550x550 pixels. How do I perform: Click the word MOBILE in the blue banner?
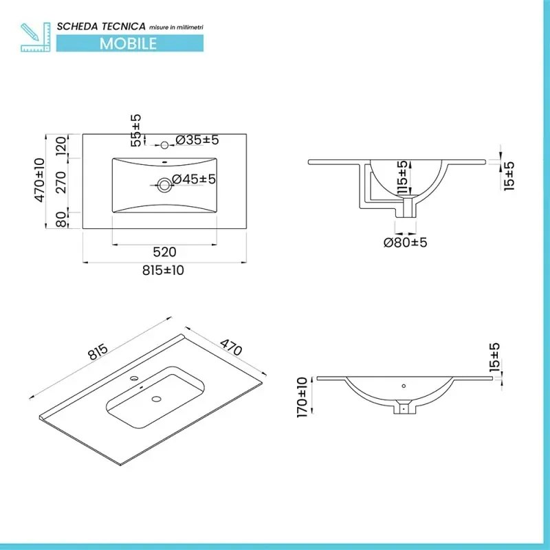(129, 43)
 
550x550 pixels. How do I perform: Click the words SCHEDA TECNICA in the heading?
(100, 25)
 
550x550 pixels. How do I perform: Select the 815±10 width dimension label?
(164, 270)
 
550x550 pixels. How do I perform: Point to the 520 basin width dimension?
(165, 252)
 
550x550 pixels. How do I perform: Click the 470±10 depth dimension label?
(39, 180)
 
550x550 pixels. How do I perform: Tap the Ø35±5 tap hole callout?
(197, 140)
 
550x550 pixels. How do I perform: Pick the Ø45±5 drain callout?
(194, 179)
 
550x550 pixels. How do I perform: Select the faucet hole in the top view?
(164, 145)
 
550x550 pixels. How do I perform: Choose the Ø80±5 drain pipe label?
(406, 242)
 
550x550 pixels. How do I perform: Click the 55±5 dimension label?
(136, 131)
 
